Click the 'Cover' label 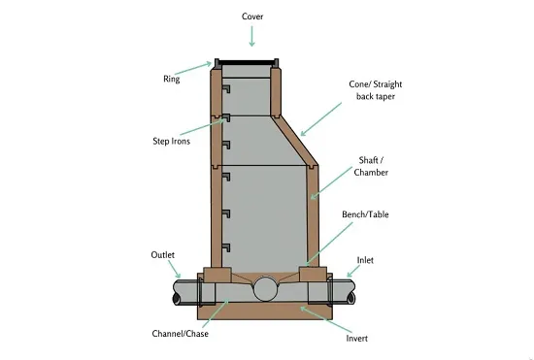[x=252, y=16]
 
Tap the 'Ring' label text [x=171, y=79]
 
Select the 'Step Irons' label [x=171, y=141]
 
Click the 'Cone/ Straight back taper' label [x=376, y=90]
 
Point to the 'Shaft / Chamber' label [x=371, y=166]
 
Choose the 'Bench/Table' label [x=365, y=214]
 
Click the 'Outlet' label [x=163, y=255]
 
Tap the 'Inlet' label [x=365, y=260]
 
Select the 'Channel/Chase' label [x=181, y=334]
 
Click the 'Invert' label [x=357, y=339]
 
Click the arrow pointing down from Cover [x=252, y=36]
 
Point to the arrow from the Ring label [x=193, y=68]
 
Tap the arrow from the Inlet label [x=353, y=271]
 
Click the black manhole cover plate [x=247, y=63]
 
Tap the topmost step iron [x=226, y=89]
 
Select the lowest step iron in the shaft [x=226, y=247]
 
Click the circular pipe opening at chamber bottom [x=265, y=289]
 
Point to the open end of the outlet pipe [x=177, y=299]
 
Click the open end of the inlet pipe [x=351, y=299]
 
